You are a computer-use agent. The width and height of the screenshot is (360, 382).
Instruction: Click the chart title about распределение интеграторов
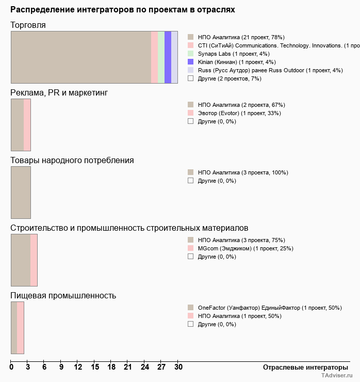click(123, 10)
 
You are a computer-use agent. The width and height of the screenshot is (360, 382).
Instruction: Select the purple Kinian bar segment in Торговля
click(168, 57)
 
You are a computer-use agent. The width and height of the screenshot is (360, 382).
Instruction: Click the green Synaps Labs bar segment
click(161, 57)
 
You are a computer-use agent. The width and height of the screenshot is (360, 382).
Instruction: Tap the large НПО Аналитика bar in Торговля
click(81, 57)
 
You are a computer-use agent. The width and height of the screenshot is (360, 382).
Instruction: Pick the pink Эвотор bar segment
click(27, 125)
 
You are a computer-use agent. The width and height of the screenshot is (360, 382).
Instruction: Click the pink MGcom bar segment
click(34, 260)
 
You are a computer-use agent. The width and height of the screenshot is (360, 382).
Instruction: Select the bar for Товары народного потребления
click(21, 193)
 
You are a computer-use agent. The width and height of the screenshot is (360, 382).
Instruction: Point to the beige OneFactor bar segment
click(14, 328)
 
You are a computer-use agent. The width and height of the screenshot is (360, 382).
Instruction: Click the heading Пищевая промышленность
click(63, 296)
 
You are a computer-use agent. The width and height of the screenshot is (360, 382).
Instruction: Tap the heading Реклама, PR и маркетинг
click(59, 93)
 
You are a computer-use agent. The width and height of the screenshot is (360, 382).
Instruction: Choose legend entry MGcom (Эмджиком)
click(246, 248)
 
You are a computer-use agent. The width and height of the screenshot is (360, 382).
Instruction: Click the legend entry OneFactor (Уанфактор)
click(270, 308)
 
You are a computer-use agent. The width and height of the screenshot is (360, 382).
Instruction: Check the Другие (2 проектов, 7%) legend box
click(191, 78)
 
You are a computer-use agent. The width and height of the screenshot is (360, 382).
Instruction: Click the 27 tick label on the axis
click(161, 367)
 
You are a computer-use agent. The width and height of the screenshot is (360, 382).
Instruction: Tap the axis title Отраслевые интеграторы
click(302, 367)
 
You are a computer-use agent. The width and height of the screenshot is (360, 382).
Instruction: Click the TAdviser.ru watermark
click(337, 376)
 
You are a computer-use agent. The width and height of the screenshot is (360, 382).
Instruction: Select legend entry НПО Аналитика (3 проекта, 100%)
click(243, 172)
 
